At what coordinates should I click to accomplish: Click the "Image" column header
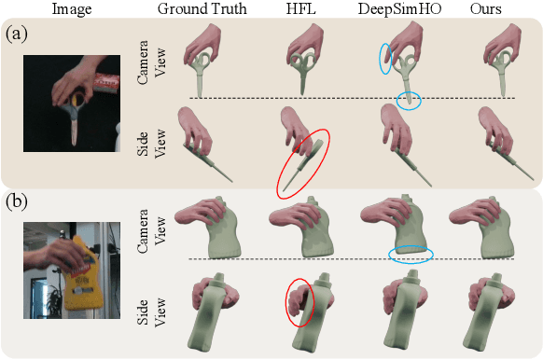71,10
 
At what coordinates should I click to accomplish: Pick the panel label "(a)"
16,35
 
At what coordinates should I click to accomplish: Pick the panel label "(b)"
16,200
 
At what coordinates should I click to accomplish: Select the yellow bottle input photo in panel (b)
72,269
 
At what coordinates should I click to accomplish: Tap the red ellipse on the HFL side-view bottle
299,302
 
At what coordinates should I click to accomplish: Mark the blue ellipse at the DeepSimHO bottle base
410,254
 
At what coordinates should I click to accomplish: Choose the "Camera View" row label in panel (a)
148,64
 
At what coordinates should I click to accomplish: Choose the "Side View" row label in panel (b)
148,300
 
